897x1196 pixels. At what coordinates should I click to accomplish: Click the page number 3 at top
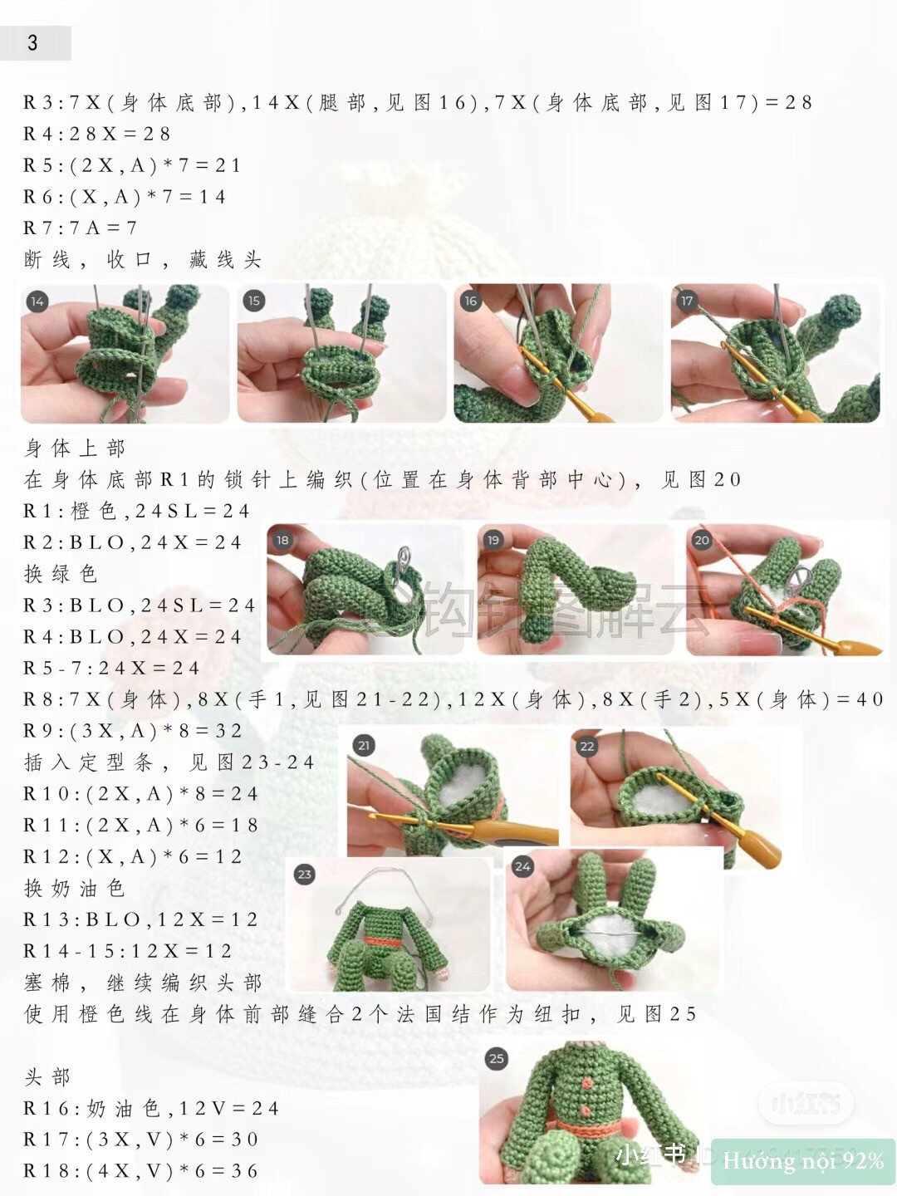coord(32,43)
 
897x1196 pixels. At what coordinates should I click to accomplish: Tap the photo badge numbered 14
coord(37,301)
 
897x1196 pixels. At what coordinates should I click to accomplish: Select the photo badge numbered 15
coord(254,301)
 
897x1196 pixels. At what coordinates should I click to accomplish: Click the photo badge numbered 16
coord(471,301)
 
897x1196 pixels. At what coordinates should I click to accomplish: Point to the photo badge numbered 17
coord(687,301)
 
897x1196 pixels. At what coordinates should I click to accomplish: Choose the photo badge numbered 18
coord(282,540)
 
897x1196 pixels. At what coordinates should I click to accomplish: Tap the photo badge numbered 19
coord(493,540)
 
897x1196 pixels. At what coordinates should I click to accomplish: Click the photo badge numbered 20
coord(702,540)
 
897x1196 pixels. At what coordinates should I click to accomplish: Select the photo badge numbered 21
coord(363,745)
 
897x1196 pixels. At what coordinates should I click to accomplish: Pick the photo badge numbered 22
coord(587,746)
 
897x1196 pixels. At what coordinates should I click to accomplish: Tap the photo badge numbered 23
coord(305,874)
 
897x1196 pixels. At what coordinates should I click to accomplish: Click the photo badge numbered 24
coord(522,866)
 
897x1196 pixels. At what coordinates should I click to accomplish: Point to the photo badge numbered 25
coord(497,1058)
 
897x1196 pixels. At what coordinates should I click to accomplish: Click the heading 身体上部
coord(75,448)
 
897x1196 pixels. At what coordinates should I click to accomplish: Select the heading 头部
coord(47,1077)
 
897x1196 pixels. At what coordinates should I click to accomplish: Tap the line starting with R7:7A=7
coord(80,228)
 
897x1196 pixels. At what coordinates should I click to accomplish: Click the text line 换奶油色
coord(75,888)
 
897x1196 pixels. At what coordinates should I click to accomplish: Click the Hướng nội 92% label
coord(802,1160)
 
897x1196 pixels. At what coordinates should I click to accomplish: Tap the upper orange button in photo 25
coord(587,1083)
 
